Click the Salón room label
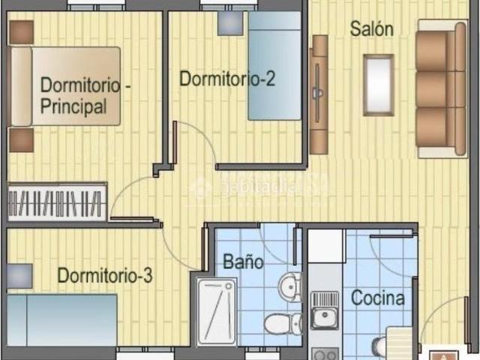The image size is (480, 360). [371, 29]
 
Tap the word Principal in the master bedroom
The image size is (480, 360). [73, 106]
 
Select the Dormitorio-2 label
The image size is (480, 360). [226, 79]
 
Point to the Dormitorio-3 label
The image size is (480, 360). [105, 275]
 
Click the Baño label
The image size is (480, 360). [244, 262]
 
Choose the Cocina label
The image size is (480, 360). [379, 298]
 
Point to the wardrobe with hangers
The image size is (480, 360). [55, 202]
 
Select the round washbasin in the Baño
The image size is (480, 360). [289, 286]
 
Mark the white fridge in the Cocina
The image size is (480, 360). [325, 246]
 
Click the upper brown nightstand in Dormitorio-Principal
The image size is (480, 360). [21, 31]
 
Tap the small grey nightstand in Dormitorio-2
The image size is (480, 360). [230, 22]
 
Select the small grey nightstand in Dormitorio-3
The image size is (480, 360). [19, 276]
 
